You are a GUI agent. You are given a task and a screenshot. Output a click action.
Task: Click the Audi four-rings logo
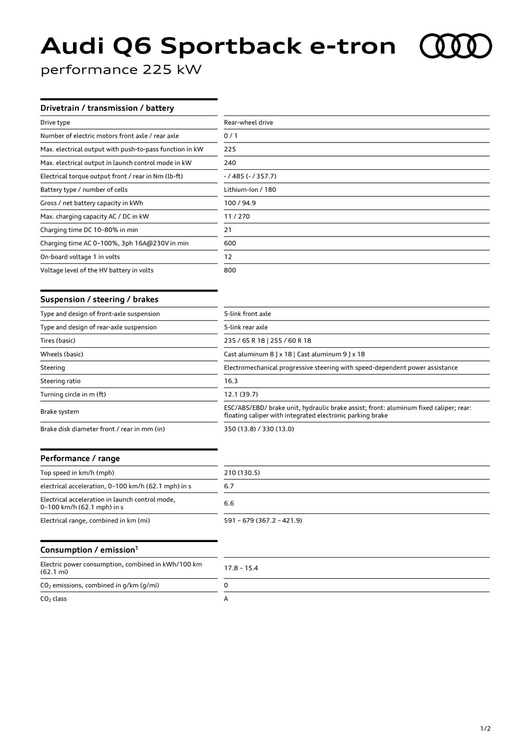tap(455, 46)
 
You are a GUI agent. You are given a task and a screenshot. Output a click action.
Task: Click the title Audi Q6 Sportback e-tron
tap(218, 46)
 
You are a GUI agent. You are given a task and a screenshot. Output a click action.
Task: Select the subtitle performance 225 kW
tap(121, 69)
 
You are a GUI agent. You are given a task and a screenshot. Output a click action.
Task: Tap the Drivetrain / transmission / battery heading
tap(107, 108)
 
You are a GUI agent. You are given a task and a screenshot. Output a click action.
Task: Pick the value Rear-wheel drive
tap(248, 123)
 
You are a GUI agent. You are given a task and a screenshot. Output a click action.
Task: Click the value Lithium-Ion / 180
tap(250, 190)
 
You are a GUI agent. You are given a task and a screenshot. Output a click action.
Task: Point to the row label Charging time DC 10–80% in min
tap(89, 230)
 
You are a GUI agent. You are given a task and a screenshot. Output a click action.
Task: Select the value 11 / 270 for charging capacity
tap(237, 216)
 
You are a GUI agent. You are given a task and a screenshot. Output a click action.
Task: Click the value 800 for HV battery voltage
tap(230, 270)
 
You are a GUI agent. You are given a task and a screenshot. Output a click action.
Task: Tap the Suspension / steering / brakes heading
tap(99, 299)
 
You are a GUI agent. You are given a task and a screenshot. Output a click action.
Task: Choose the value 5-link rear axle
tap(246, 327)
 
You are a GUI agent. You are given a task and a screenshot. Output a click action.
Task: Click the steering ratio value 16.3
tap(231, 381)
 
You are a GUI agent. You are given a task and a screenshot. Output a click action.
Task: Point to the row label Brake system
tap(60, 412)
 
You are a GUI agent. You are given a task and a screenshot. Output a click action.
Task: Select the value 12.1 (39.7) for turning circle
tap(241, 394)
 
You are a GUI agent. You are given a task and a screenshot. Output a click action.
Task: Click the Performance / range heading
tap(80, 459)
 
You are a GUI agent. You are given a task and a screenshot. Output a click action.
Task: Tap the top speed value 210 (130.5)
tap(242, 473)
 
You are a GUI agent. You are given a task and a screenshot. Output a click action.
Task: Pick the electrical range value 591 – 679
tap(263, 521)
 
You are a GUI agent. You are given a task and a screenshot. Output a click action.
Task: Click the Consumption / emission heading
tap(89, 550)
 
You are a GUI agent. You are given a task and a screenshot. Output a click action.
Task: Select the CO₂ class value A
tap(226, 599)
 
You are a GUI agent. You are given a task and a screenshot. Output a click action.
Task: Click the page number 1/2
tap(485, 728)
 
